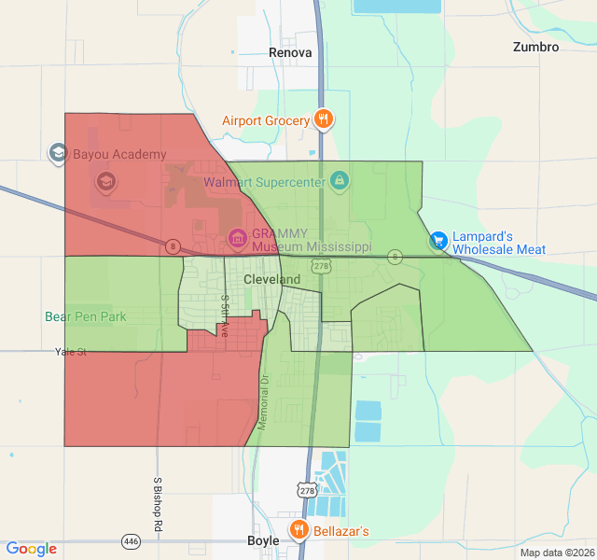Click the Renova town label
click(x=290, y=52)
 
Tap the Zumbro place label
click(x=536, y=47)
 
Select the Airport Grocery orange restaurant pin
click(x=324, y=119)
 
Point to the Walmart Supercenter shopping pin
click(x=340, y=179)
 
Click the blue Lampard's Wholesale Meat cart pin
click(x=438, y=241)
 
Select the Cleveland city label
click(x=272, y=279)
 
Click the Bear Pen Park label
click(x=86, y=316)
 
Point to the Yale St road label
click(x=70, y=352)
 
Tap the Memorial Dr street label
click(x=264, y=402)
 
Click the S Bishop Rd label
click(x=158, y=505)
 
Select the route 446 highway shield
click(x=131, y=541)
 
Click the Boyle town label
click(x=263, y=541)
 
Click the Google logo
click(x=31, y=549)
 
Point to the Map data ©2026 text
click(x=557, y=553)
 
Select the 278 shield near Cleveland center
click(x=322, y=267)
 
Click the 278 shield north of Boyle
click(x=307, y=489)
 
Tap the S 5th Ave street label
click(x=225, y=315)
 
